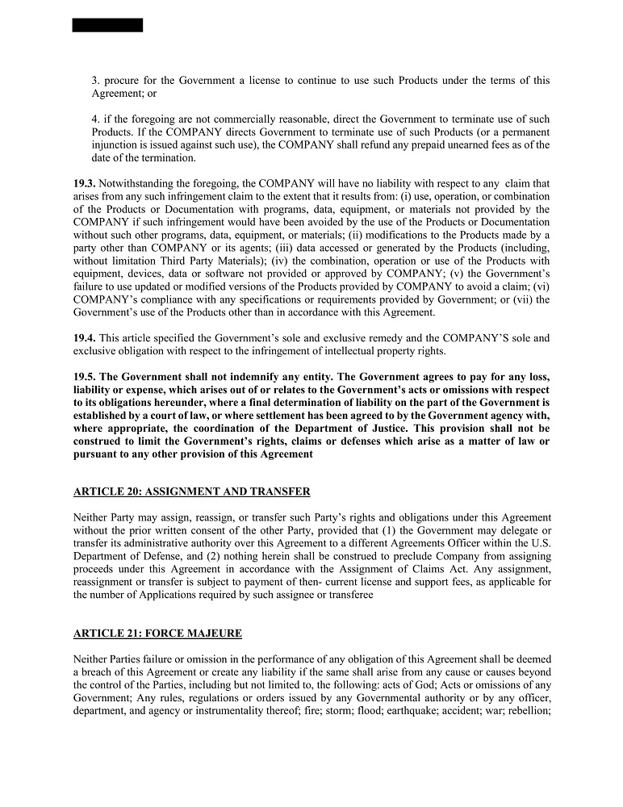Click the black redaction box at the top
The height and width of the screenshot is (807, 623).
[107, 25]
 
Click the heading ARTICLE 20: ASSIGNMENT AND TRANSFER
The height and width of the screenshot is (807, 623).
[191, 491]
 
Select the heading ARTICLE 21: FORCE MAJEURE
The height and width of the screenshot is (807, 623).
[157, 633]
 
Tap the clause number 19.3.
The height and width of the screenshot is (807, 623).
[84, 184]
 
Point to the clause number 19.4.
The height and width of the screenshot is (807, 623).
[84, 339]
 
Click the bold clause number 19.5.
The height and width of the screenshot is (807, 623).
[84, 377]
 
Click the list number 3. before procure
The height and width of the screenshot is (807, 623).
[95, 81]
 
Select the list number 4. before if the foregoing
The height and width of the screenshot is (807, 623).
[95, 119]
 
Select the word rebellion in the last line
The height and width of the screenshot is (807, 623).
[529, 711]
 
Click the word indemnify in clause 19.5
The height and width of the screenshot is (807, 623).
[223, 377]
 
